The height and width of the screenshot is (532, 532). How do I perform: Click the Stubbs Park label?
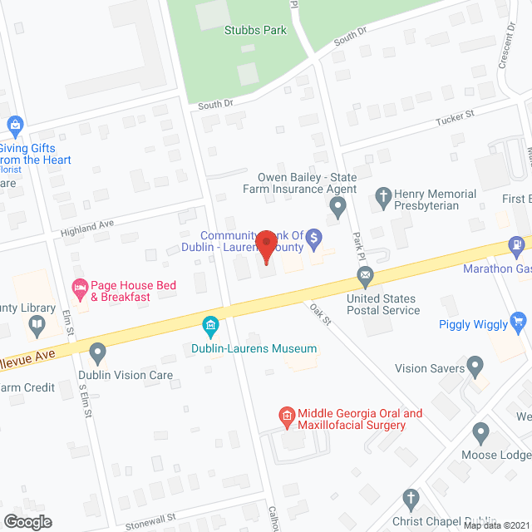tap(255, 30)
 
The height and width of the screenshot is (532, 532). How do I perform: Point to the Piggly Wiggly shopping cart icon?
tap(519, 320)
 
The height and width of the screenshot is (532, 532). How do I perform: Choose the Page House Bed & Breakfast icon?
tap(80, 290)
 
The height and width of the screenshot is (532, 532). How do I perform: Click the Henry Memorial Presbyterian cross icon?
tap(382, 198)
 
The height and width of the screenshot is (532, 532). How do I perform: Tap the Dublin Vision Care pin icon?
tap(98, 353)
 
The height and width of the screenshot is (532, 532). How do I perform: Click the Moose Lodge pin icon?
tap(480, 432)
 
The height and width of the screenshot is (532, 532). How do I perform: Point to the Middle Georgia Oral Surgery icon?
tap(287, 414)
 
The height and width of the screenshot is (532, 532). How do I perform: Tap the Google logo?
tap(27, 521)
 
